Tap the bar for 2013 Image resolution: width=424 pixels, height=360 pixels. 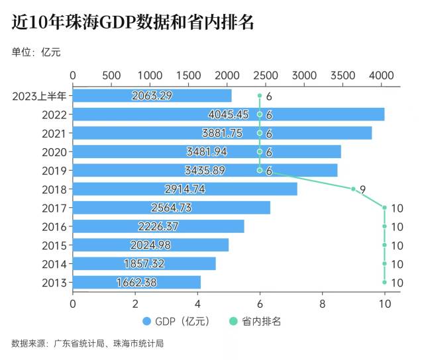(x=136, y=283)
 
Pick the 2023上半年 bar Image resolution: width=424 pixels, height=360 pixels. (x=152, y=96)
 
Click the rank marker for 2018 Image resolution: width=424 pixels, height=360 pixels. (x=354, y=189)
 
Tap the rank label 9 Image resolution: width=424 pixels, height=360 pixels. (x=364, y=189)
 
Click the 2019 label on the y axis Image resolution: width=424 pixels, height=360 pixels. (x=54, y=171)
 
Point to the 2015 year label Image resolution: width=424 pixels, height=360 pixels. (x=54, y=246)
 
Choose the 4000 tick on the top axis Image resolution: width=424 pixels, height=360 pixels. (x=381, y=75)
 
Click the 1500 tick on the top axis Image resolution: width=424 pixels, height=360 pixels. (x=188, y=75)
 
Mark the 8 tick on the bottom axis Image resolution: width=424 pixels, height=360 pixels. (x=322, y=304)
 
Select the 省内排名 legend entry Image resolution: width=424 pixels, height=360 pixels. (x=256, y=322)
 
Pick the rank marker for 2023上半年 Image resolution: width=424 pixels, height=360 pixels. (x=260, y=96)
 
